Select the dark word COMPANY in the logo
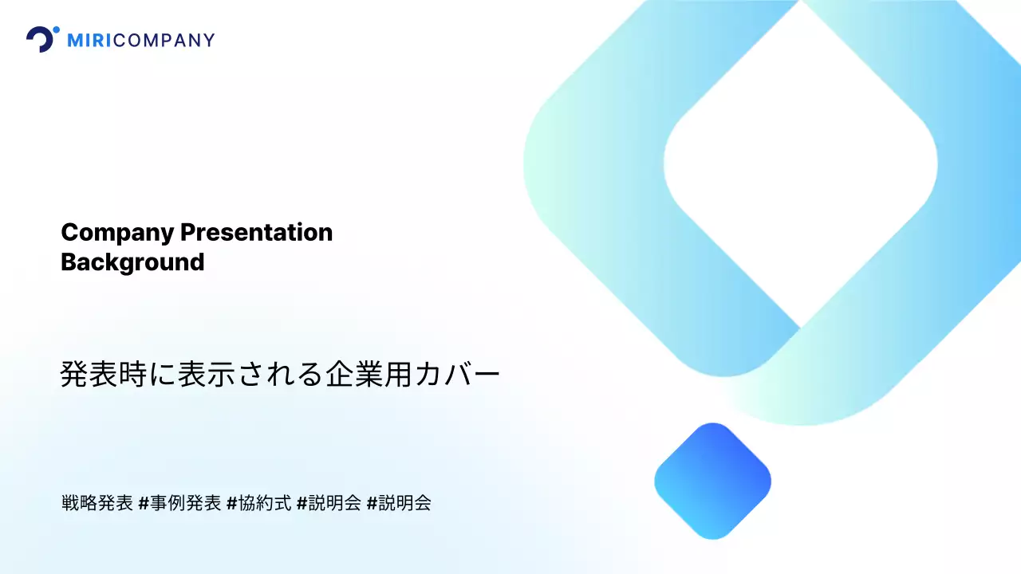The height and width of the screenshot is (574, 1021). tap(164, 40)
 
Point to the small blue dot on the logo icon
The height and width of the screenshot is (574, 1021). tap(56, 30)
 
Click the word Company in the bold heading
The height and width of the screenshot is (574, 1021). tap(117, 233)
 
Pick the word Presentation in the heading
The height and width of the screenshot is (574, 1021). tap(256, 233)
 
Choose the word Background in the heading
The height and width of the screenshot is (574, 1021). tap(132, 261)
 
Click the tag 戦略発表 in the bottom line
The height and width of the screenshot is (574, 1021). tap(97, 503)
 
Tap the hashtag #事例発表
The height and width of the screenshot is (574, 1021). tap(179, 503)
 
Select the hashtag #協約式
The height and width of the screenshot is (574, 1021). tap(258, 503)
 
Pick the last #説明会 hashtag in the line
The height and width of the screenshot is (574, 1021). tap(399, 503)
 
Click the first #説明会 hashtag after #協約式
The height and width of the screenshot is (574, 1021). tap(329, 503)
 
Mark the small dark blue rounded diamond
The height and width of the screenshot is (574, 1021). tap(712, 481)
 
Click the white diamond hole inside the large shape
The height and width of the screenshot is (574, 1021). tap(800, 163)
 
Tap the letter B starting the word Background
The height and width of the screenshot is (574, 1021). tap(69, 261)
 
